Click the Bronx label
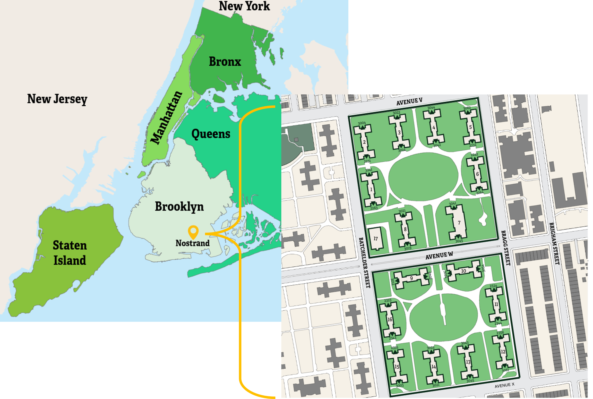(x=225, y=62)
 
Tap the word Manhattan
(x=166, y=118)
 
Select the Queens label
(x=211, y=134)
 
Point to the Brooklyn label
(x=180, y=207)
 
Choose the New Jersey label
(x=57, y=99)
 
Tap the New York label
(x=244, y=6)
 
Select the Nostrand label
(x=193, y=243)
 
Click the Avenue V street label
(x=409, y=102)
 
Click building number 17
(x=376, y=239)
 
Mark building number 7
(x=459, y=223)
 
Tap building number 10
(x=464, y=271)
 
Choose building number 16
(x=390, y=319)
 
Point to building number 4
(x=434, y=128)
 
